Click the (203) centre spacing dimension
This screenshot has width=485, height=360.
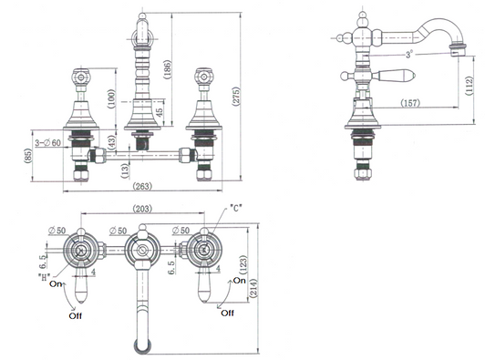tap(142, 210)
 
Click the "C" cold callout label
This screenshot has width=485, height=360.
tap(236, 208)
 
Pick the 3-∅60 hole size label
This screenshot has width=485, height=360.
tap(48, 143)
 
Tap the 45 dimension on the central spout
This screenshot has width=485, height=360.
tap(160, 113)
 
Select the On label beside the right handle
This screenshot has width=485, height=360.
tap(239, 281)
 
